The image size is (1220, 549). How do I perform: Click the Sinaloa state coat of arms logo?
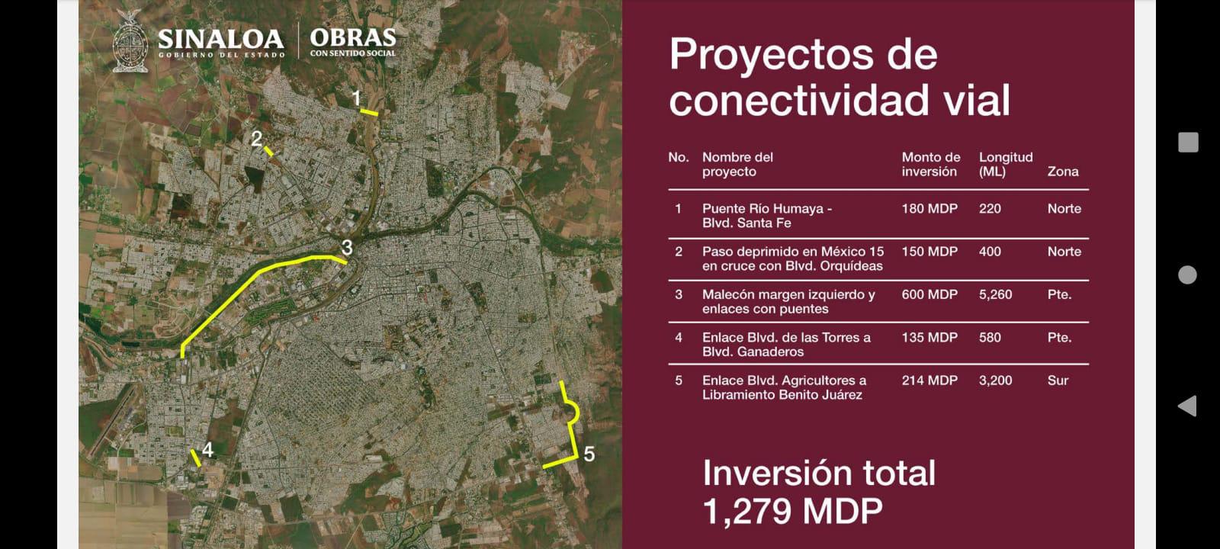point(130,42)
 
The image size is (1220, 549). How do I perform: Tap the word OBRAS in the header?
point(353,37)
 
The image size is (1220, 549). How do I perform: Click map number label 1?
point(356,98)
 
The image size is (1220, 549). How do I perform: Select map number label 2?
point(257,139)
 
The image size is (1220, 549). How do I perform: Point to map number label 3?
point(347,247)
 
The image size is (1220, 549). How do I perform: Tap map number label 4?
point(207,449)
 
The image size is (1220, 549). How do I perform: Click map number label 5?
point(589,454)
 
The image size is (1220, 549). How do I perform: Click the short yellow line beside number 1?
point(369,113)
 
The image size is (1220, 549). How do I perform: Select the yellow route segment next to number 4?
point(196,457)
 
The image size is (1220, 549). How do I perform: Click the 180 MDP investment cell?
point(929,208)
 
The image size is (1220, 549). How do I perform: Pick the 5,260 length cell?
point(995,294)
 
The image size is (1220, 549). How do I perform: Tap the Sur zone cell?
point(1058,380)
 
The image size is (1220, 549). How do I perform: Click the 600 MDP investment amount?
point(929,294)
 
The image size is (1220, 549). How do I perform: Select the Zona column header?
point(1062,172)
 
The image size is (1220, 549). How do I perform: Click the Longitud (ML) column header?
point(1005,164)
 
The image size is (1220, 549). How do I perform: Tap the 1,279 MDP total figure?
point(792,511)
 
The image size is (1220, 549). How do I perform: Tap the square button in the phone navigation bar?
point(1188,142)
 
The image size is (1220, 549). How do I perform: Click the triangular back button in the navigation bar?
point(1187,406)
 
